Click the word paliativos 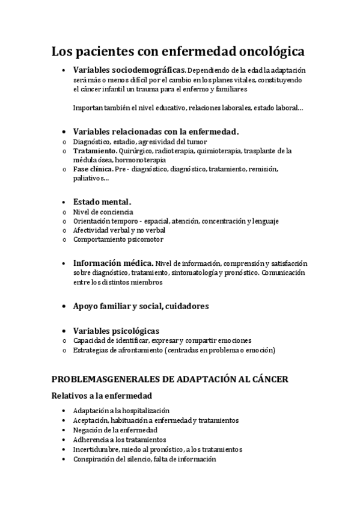coord(90,179)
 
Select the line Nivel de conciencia coord(103,212)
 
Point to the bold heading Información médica coord(112,263)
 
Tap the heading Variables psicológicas coord(116,330)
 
